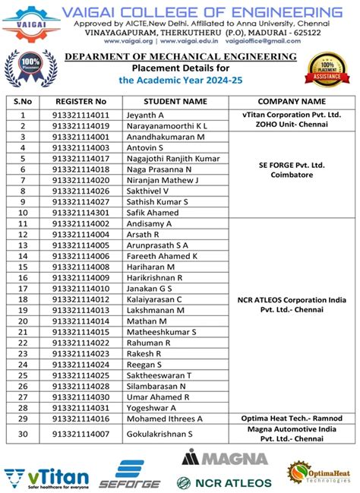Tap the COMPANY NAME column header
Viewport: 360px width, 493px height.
coord(292,100)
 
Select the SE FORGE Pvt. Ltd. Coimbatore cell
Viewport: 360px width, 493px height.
coord(292,169)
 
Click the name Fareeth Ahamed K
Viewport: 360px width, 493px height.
coord(163,256)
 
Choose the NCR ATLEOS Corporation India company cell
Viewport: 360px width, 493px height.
coord(292,305)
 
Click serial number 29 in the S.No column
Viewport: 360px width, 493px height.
coord(22,419)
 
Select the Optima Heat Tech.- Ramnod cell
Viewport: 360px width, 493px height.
coord(292,419)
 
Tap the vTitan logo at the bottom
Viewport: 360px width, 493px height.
coord(46,478)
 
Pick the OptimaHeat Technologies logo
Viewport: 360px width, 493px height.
coord(320,472)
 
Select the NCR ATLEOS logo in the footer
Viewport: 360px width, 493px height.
coord(224,482)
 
